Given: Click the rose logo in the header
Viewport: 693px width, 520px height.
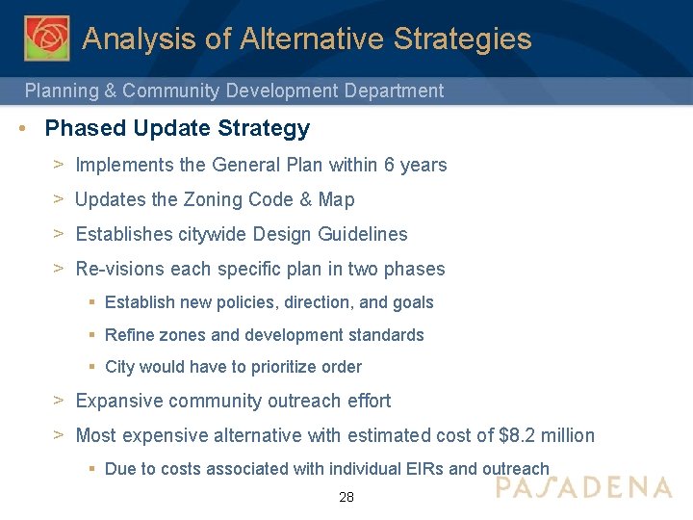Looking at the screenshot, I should point(46,39).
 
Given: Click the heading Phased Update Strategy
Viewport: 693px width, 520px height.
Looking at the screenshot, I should point(177,128).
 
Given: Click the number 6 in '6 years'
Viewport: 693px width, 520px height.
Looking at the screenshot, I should point(389,165).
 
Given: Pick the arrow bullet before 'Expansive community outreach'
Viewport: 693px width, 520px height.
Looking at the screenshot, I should point(59,400).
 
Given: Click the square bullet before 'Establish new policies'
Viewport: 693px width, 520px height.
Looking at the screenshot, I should point(90,302).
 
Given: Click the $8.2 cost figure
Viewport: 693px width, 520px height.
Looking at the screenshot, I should point(519,435).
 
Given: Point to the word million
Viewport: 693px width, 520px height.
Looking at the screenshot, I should point(568,435).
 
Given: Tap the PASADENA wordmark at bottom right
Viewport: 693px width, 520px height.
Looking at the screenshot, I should point(583,487).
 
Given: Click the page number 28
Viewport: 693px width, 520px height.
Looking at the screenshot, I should point(346,498).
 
